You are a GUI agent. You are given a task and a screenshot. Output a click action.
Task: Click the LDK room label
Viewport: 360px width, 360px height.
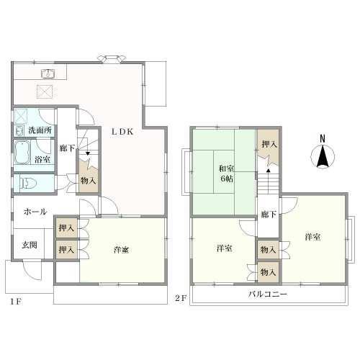122,132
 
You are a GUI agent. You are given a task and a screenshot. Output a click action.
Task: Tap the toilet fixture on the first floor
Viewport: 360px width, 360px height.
27,184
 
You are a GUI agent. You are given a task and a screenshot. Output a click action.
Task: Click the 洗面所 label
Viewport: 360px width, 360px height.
40,130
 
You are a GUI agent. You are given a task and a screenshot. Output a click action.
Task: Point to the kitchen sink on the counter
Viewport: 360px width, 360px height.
48,73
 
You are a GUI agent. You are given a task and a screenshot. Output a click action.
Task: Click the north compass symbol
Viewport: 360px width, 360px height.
323,156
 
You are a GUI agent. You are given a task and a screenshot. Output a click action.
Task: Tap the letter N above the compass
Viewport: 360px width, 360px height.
323,139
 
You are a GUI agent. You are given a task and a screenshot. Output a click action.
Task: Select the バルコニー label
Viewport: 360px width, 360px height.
268,294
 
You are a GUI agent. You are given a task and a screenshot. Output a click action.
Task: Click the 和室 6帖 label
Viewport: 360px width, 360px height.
226,174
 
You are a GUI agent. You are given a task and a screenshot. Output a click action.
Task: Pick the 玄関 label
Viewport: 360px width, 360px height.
30,245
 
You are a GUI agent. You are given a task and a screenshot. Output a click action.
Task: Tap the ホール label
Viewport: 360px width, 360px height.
35,212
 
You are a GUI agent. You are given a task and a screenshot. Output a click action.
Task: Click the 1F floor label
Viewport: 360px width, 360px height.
16,302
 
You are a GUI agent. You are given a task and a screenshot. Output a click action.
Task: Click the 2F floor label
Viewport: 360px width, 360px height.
181,298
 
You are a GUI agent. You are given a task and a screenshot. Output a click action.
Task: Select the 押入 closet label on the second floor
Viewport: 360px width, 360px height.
269,144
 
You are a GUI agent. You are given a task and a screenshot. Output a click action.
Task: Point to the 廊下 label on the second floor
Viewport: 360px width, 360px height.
269,215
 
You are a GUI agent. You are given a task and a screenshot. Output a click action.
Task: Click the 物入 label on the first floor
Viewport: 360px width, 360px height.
88,181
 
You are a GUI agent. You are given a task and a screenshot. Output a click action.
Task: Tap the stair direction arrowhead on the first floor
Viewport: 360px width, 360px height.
88,153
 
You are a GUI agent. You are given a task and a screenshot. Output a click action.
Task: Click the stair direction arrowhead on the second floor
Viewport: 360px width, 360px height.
269,171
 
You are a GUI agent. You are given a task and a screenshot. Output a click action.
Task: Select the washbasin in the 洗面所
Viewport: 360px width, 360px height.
19,131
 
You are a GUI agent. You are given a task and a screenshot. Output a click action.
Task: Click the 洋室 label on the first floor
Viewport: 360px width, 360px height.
121,250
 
